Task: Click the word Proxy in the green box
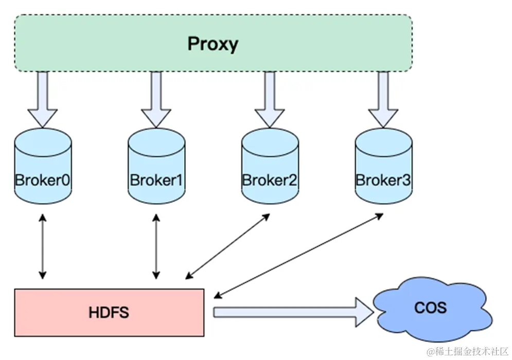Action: click(213, 44)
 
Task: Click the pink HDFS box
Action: click(109, 313)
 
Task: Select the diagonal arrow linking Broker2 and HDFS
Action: click(227, 246)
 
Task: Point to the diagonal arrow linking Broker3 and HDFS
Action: click(298, 255)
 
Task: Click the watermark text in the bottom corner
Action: click(468, 350)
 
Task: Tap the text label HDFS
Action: click(109, 313)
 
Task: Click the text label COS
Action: click(431, 308)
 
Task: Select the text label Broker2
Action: click(270, 181)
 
